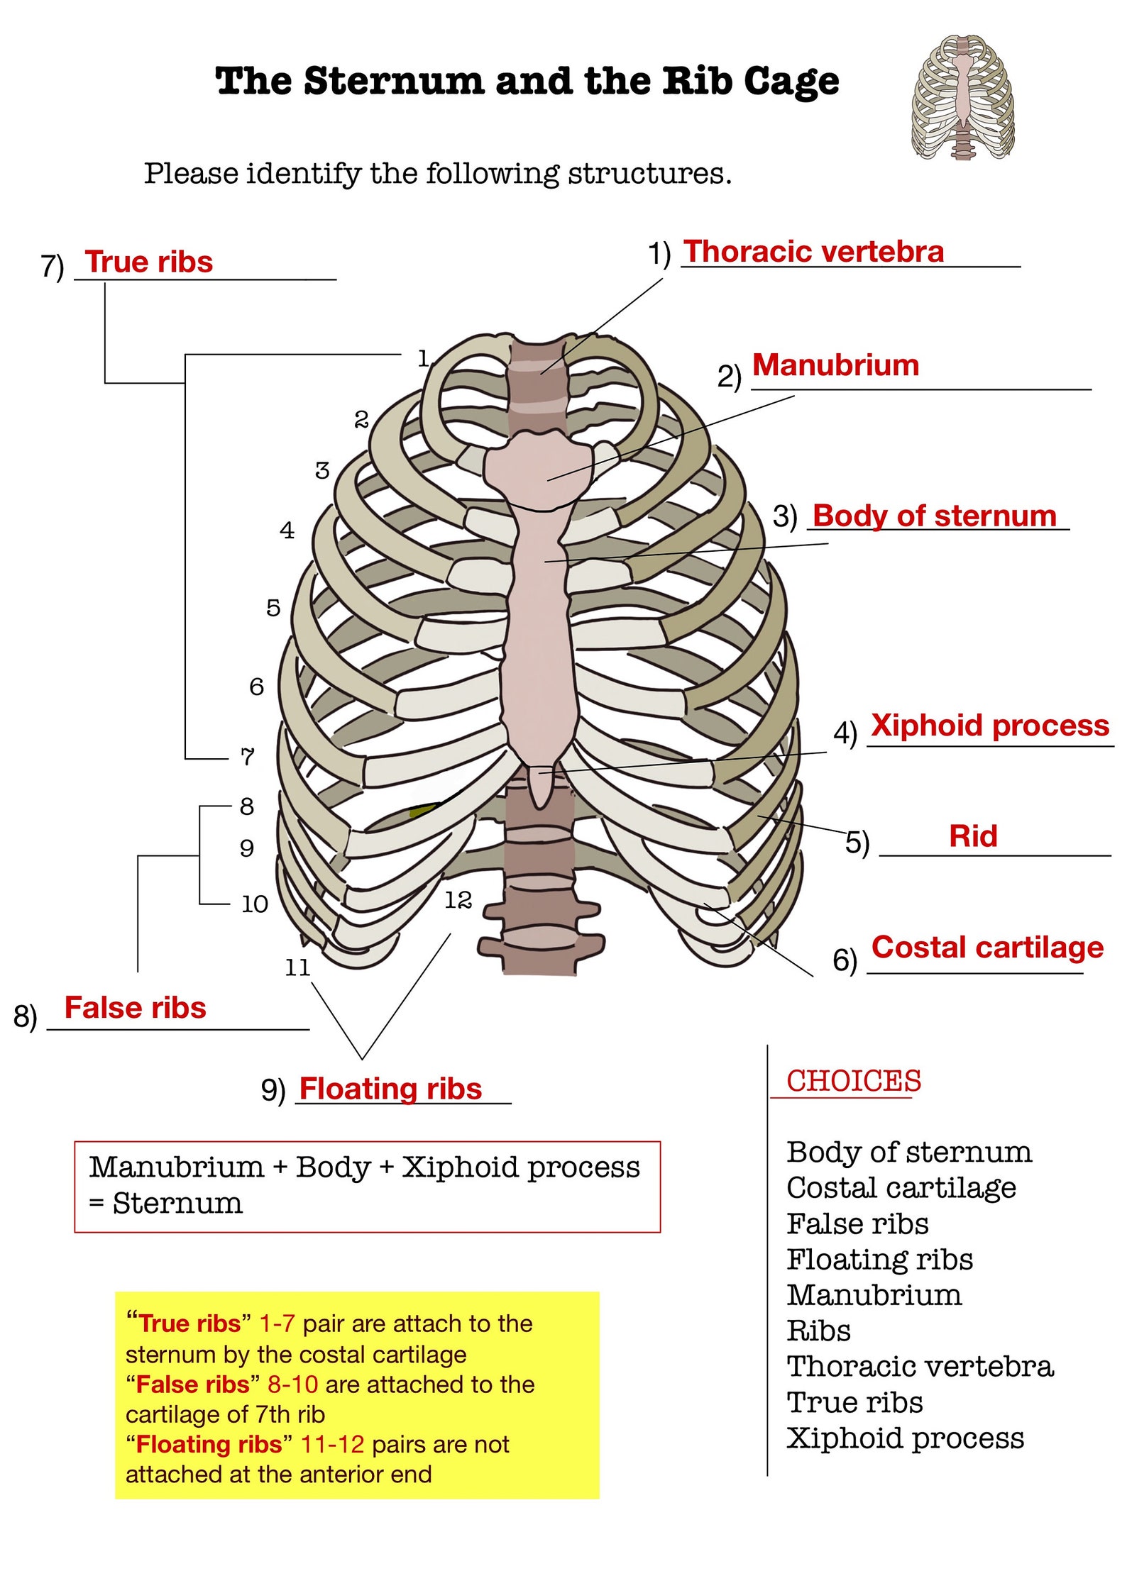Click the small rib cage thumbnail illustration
[x=962, y=97]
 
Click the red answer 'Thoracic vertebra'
[x=813, y=252]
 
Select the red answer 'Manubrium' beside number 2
[x=835, y=365]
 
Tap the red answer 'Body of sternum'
[x=934, y=516]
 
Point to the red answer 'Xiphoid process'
[x=989, y=726]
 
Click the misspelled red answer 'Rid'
[x=973, y=836]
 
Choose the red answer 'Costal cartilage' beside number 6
[x=987, y=948]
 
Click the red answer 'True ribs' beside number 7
[x=149, y=262]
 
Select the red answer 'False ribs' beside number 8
[x=135, y=1008]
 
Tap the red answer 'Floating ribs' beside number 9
[x=390, y=1089]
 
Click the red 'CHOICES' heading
[x=853, y=1081]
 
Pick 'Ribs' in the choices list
[x=818, y=1331]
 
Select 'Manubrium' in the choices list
[x=874, y=1295]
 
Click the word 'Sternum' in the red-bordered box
[x=177, y=1204]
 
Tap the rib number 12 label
[x=458, y=900]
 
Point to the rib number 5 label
[x=273, y=608]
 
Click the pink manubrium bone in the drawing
[x=538, y=468]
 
